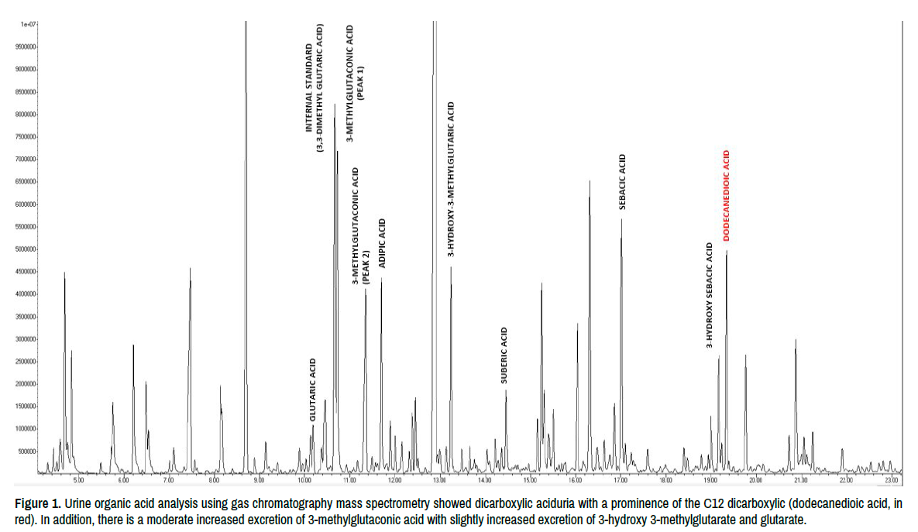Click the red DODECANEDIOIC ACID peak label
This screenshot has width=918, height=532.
coord(727,196)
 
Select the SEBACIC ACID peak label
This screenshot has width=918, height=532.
coord(621,182)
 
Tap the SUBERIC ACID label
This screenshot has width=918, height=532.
coord(504,356)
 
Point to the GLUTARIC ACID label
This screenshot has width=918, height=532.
coord(313,389)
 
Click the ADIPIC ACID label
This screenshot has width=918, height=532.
coord(381,243)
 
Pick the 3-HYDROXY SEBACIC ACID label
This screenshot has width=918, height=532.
coord(710,295)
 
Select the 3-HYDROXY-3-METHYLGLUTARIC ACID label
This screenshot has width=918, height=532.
coord(451,179)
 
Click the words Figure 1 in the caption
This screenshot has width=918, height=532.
coord(36,503)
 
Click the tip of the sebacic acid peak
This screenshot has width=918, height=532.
coord(621,220)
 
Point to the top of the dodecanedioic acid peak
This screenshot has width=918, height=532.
coord(727,252)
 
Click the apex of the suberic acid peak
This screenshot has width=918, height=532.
coord(506,390)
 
